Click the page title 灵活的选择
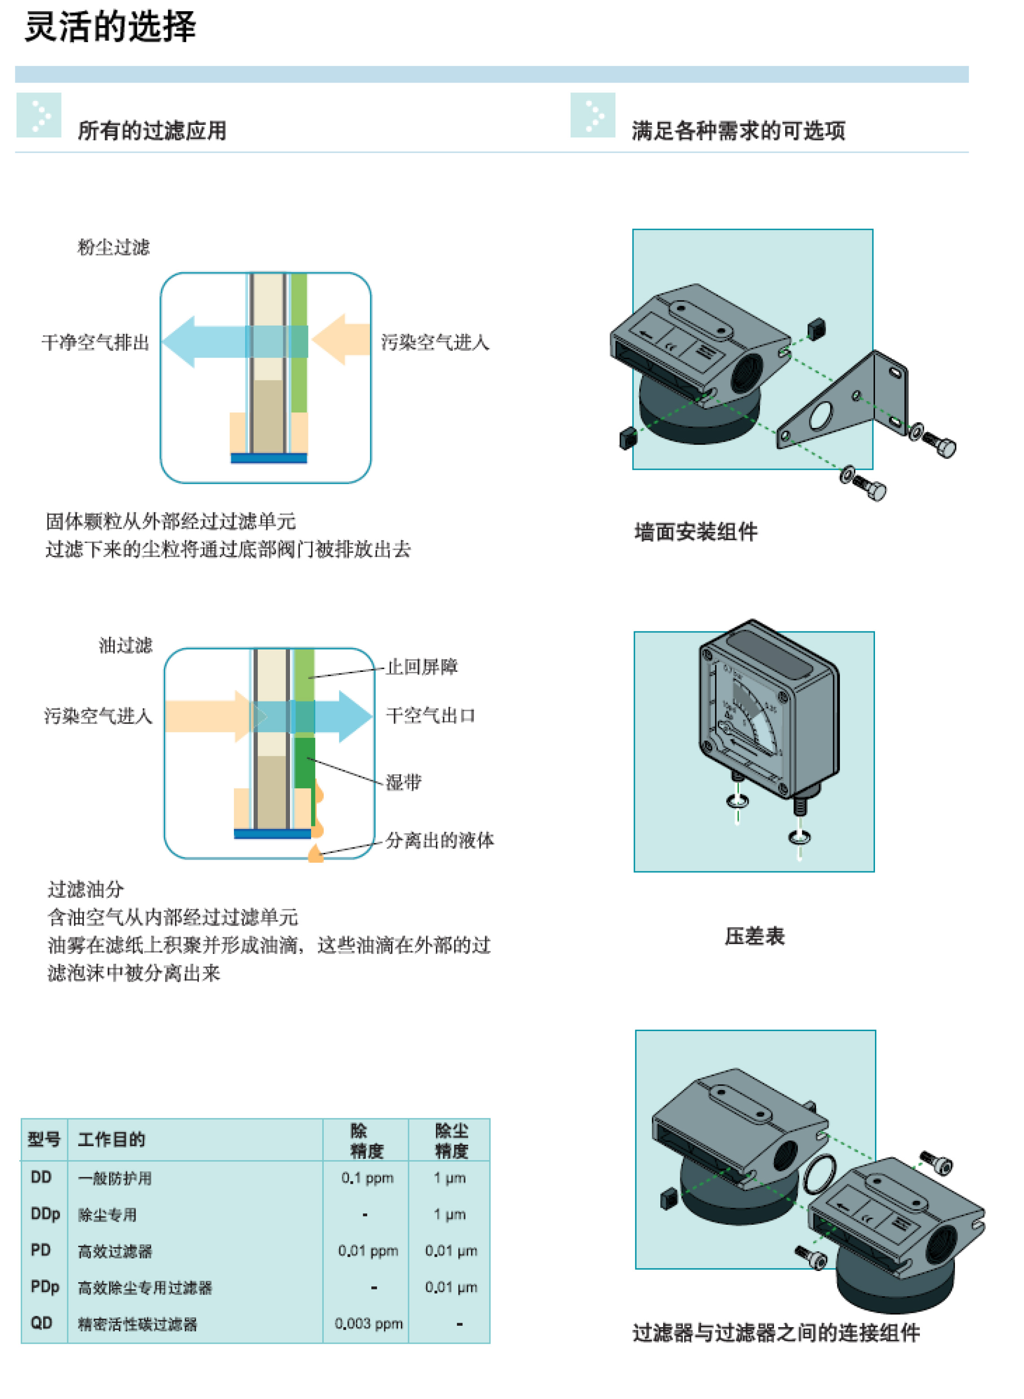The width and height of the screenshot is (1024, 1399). pyautogui.click(x=110, y=27)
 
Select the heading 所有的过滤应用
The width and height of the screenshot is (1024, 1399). pyautogui.click(x=152, y=131)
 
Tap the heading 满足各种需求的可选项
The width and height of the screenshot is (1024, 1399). pyautogui.click(x=738, y=131)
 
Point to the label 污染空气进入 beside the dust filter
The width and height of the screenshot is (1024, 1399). pyautogui.click(x=435, y=342)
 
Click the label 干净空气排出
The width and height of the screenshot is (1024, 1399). pyautogui.click(x=96, y=342)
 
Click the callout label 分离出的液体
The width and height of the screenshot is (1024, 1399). pyautogui.click(x=439, y=841)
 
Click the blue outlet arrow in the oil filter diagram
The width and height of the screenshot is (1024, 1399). pyautogui.click(x=347, y=716)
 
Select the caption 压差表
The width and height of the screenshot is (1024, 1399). pyautogui.click(x=754, y=936)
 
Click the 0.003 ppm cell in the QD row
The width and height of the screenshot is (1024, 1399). pyautogui.click(x=368, y=1324)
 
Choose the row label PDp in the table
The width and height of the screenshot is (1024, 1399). pyautogui.click(x=44, y=1287)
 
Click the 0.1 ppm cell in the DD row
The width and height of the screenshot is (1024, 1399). pyautogui.click(x=367, y=1178)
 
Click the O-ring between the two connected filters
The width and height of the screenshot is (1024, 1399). pyautogui.click(x=819, y=1174)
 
